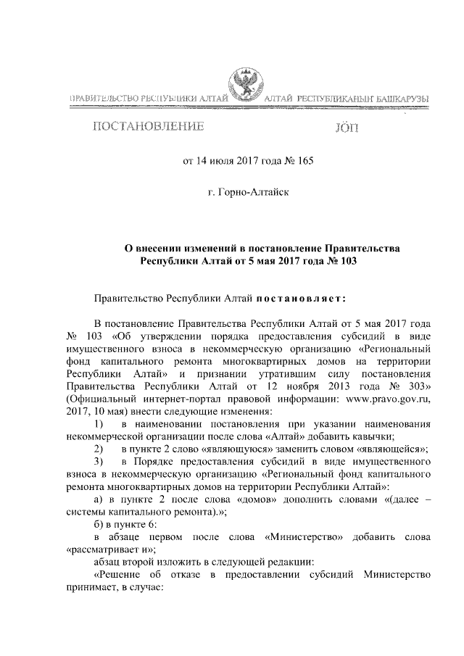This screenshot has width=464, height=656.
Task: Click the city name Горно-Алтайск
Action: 249,195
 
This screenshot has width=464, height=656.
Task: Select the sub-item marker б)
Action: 101,524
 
